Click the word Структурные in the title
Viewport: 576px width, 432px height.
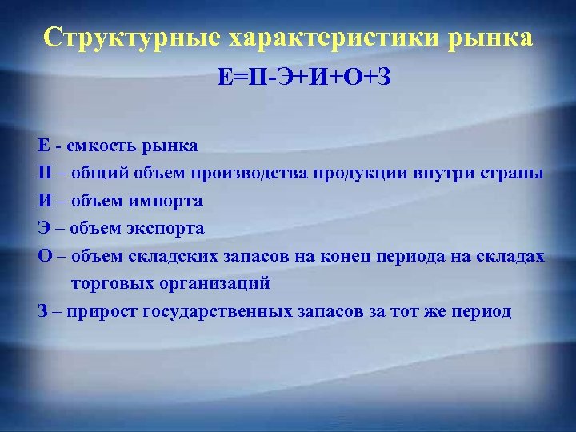click(132, 38)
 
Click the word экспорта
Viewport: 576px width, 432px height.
click(169, 228)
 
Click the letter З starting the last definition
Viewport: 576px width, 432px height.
click(42, 311)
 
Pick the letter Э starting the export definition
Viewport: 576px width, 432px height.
click(42, 228)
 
